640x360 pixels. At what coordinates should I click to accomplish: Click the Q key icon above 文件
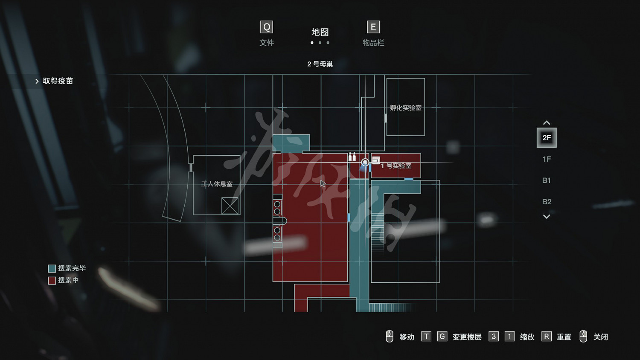[267, 27]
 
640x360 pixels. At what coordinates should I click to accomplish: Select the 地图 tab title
[320, 32]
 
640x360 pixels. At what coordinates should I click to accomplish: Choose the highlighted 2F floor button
[547, 138]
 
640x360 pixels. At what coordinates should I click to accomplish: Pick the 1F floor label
[547, 159]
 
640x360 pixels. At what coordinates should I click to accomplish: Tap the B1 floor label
[547, 180]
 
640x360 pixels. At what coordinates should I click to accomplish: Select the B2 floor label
[547, 202]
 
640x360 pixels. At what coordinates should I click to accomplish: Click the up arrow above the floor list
[547, 123]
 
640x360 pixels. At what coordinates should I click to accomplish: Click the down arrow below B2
[547, 217]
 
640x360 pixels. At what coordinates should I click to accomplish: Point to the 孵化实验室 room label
[406, 108]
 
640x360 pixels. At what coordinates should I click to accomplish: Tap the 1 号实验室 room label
[396, 165]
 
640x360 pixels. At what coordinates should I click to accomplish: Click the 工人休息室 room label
[217, 184]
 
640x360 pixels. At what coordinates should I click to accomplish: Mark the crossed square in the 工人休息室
[230, 206]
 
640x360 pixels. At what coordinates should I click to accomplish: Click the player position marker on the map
[365, 163]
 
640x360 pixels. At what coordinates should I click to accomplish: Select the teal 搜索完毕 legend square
[52, 268]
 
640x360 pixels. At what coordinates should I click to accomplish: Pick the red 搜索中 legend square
[52, 280]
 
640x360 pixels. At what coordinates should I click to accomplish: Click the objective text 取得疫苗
[58, 81]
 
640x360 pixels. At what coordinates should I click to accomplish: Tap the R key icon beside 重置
[546, 337]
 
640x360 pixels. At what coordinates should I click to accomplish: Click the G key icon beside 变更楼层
[442, 337]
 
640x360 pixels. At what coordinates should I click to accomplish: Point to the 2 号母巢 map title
[320, 64]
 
